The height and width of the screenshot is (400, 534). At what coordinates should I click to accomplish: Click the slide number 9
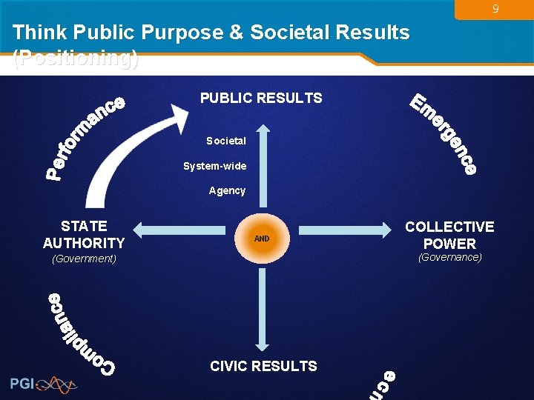click(x=496, y=10)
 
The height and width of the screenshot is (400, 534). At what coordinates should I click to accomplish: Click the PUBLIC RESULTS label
click(x=261, y=98)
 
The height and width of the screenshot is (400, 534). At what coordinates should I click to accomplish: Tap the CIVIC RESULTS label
click(x=263, y=366)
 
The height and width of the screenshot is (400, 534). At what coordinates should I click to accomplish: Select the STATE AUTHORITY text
click(x=84, y=234)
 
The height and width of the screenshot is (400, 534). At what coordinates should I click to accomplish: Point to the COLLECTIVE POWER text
click(x=449, y=235)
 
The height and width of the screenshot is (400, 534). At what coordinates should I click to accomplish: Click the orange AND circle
click(x=262, y=239)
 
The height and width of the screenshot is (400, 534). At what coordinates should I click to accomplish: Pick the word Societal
click(x=226, y=141)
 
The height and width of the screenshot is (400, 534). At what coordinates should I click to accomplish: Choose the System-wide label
click(x=215, y=166)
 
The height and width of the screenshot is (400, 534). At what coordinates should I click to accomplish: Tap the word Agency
click(x=227, y=190)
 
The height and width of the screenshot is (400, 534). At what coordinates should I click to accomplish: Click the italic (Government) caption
click(x=84, y=259)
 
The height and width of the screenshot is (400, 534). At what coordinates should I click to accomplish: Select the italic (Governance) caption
click(x=450, y=257)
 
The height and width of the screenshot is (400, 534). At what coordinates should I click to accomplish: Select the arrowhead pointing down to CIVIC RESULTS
click(x=262, y=343)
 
